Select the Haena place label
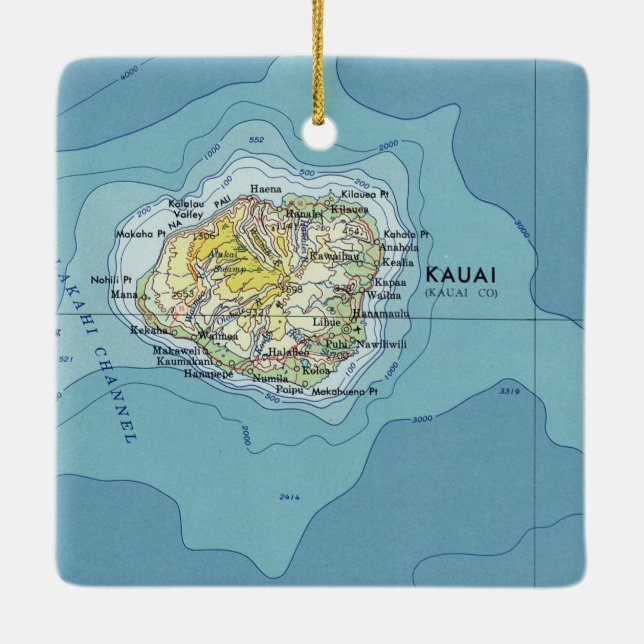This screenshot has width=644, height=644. point(265,188)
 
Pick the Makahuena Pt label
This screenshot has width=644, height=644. point(345,393)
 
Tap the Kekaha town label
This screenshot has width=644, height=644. point(177,330)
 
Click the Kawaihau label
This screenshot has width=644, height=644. point(334,256)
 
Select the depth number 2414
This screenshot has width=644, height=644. point(290,497)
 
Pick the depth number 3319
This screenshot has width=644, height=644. point(510,391)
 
